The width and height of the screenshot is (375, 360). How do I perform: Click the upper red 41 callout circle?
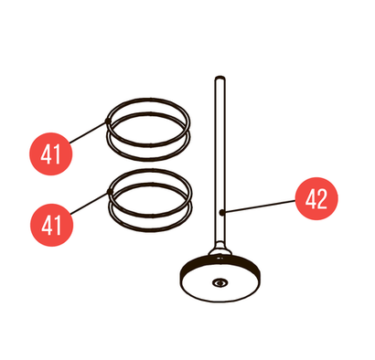pyautogui.click(x=51, y=154)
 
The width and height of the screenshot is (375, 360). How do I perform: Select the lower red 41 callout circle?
pyautogui.click(x=51, y=225)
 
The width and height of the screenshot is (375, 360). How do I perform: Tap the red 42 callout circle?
pyautogui.click(x=316, y=198)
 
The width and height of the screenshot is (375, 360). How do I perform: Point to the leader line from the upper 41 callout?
pyautogui.click(x=89, y=132)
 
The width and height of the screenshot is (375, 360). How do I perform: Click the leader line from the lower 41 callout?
pyautogui.click(x=90, y=203)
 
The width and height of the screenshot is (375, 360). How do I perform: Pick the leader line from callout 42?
pyautogui.click(x=259, y=206)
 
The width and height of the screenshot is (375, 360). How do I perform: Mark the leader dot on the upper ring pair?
pyautogui.click(x=107, y=121)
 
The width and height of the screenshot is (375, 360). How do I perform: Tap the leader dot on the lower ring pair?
pyautogui.click(x=109, y=191)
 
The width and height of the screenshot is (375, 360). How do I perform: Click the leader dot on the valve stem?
pyautogui.click(x=222, y=212)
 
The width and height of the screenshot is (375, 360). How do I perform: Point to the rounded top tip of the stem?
pyautogui.click(x=220, y=78)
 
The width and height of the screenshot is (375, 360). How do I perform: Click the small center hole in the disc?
pyautogui.click(x=220, y=282)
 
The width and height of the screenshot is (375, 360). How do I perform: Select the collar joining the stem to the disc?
pyautogui.click(x=220, y=250)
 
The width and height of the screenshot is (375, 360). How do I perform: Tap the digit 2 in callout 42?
pyautogui.click(x=322, y=199)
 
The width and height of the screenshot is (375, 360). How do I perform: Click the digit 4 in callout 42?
pyautogui.click(x=311, y=199)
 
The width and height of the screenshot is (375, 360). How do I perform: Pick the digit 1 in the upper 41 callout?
pyautogui.click(x=57, y=154)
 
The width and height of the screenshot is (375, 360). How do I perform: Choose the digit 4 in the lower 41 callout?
pyautogui.click(x=47, y=225)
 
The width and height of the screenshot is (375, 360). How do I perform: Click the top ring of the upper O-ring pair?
pyautogui.click(x=149, y=99)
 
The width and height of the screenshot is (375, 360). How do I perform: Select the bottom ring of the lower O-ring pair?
pyautogui.click(x=151, y=229)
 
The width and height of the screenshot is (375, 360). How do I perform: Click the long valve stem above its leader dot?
pyautogui.click(x=220, y=143)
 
